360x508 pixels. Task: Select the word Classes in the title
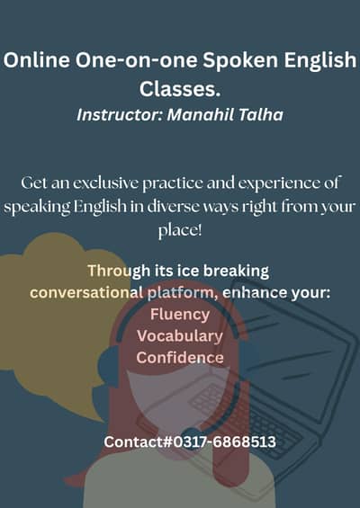click(177, 89)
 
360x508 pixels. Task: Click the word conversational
click(86, 292)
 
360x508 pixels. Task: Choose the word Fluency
click(180, 314)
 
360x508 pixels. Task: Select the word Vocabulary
click(180, 335)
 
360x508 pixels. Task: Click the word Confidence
click(180, 357)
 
